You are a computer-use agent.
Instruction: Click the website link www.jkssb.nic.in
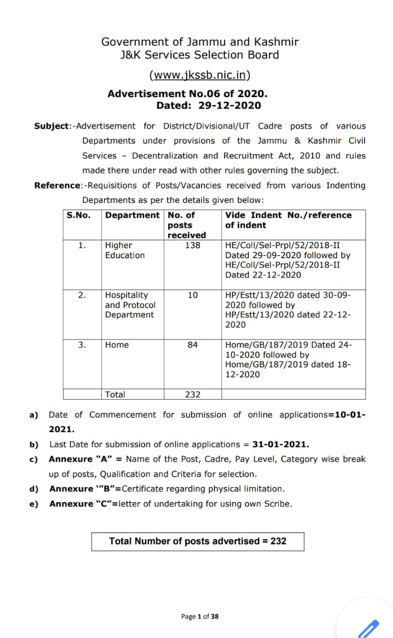(199, 75)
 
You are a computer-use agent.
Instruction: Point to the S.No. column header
(79, 215)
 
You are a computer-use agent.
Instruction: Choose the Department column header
(132, 215)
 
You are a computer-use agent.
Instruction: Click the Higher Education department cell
(125, 250)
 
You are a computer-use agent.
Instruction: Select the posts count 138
(193, 245)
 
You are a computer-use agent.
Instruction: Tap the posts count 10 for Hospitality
(193, 295)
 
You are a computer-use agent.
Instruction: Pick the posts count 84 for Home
(193, 345)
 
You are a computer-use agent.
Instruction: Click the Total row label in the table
(115, 394)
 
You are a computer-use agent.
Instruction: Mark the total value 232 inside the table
(193, 394)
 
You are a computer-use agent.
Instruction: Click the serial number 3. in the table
(82, 345)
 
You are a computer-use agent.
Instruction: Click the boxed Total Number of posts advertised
(197, 541)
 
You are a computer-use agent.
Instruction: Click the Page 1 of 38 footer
(199, 617)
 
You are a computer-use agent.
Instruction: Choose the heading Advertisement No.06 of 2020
(188, 94)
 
